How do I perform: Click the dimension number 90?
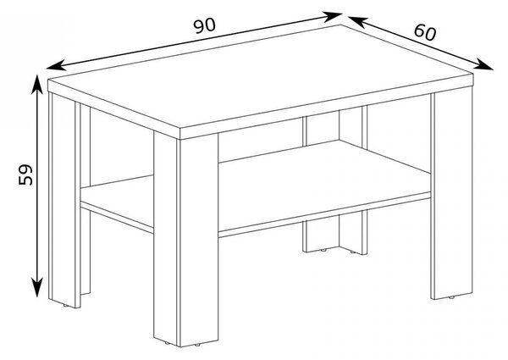click(204, 25)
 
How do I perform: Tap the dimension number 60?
click(425, 32)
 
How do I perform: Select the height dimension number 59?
click(25, 175)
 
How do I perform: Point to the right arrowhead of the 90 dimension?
click(333, 16)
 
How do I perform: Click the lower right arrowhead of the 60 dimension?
click(483, 64)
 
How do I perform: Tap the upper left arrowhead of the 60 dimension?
click(357, 21)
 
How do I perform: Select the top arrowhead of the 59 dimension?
click(37, 84)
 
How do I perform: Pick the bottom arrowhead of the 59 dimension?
click(37, 287)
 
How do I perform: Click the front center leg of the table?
click(186, 240)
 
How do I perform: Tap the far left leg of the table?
click(64, 200)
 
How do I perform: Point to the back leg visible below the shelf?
click(335, 231)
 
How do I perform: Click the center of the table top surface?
click(260, 77)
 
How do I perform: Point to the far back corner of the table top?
click(341, 25)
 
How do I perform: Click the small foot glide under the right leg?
click(451, 297)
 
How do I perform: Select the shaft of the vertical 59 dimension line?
click(37, 186)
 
